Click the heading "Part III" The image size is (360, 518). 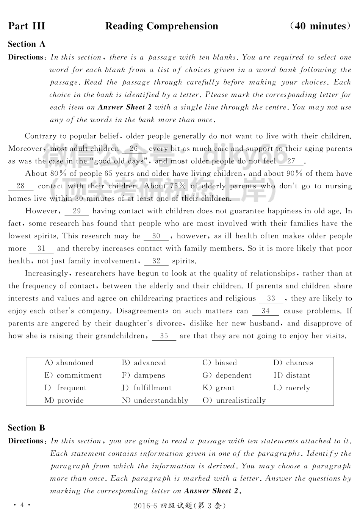[x=27, y=26]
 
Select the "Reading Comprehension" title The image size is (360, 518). [x=162, y=26]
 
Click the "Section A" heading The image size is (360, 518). [x=27, y=44]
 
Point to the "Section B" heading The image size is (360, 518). [x=27, y=428]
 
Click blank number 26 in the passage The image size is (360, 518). [x=134, y=149]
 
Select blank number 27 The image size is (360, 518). [x=291, y=161]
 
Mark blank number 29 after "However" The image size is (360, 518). [x=77, y=211]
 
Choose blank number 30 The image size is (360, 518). [x=156, y=236]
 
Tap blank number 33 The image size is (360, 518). [x=271, y=299]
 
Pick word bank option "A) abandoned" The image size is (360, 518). [x=69, y=363]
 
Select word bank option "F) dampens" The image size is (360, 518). [x=143, y=376]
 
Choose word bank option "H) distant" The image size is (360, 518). [x=292, y=376]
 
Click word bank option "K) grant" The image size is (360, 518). [x=219, y=388]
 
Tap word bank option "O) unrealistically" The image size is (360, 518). [x=234, y=401]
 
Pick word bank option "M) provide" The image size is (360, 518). [x=64, y=401]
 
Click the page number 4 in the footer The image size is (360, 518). [x=22, y=505]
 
